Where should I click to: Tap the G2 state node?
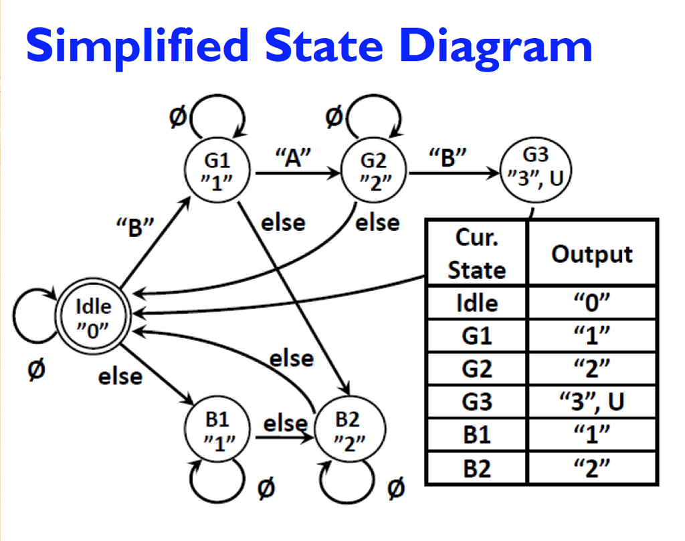(x=374, y=169)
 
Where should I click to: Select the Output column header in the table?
(x=591, y=254)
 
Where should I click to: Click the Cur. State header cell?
(x=477, y=254)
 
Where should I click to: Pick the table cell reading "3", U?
(x=591, y=401)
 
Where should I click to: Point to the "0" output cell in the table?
(x=591, y=303)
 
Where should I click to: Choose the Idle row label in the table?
(x=477, y=303)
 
